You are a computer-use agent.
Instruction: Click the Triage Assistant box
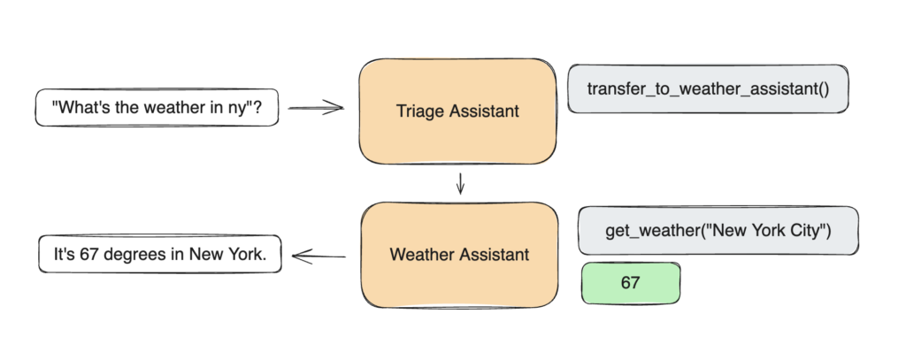click(457, 112)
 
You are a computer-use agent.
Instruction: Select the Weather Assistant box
click(459, 255)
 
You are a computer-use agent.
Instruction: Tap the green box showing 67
click(630, 283)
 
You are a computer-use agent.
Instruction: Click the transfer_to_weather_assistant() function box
click(707, 88)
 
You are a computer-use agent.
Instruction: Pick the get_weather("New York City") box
click(718, 231)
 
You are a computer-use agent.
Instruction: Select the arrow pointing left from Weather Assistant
click(319, 257)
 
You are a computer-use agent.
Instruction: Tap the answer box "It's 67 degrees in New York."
click(160, 254)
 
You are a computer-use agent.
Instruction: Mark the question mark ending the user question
click(272, 108)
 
